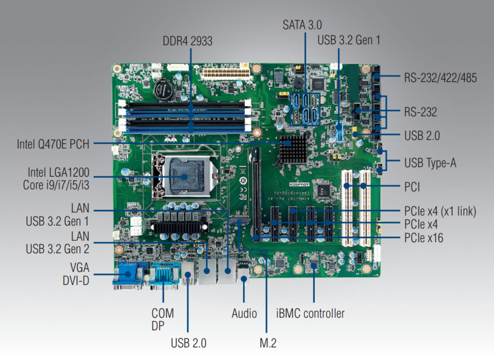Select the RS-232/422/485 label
click(440, 78)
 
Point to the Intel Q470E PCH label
click(52, 145)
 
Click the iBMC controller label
click(310, 313)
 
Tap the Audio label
click(243, 313)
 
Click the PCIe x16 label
click(424, 238)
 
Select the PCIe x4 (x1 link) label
click(440, 211)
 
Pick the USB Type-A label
click(430, 163)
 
